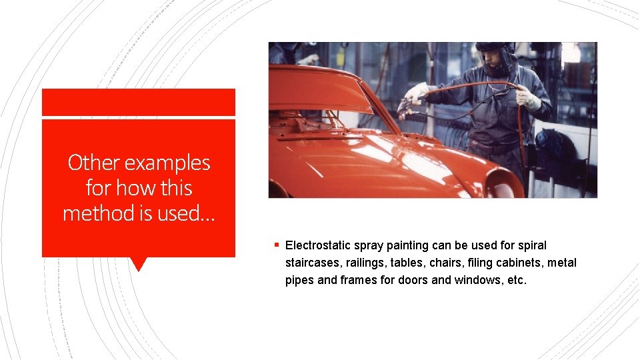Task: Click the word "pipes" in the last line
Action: [299, 280]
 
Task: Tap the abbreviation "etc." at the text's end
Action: [517, 280]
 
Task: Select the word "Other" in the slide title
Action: [94, 163]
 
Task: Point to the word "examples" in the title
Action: [167, 163]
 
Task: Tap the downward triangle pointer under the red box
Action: [139, 264]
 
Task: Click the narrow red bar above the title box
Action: [139, 102]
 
